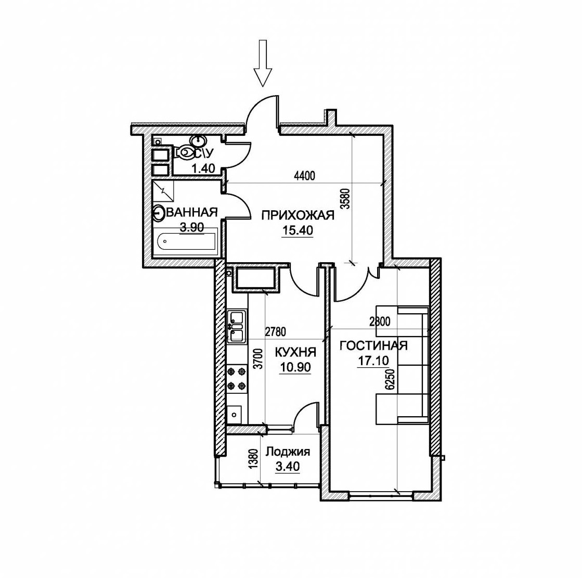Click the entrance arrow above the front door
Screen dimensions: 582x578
[263, 63]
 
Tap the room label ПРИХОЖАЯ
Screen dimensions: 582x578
[298, 215]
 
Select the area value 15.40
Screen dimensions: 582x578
[298, 230]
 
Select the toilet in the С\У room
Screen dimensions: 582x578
[184, 152]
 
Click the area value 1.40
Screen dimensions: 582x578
[203, 168]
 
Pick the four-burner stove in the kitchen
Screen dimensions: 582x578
[237, 378]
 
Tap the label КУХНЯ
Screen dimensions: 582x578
[295, 352]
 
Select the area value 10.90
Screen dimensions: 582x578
[295, 367]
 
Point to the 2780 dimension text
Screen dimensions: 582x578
[276, 331]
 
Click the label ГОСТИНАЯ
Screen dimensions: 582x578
[373, 345]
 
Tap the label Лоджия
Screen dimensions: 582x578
[288, 452]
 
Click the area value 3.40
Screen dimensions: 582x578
[288, 466]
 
